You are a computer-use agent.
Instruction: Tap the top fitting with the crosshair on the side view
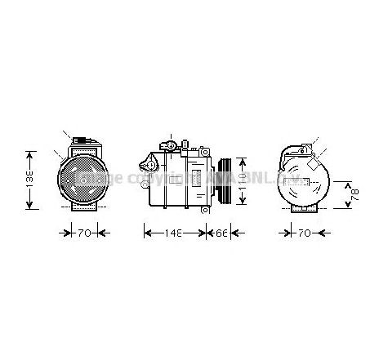[169, 147]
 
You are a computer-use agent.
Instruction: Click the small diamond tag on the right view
[314, 161]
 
